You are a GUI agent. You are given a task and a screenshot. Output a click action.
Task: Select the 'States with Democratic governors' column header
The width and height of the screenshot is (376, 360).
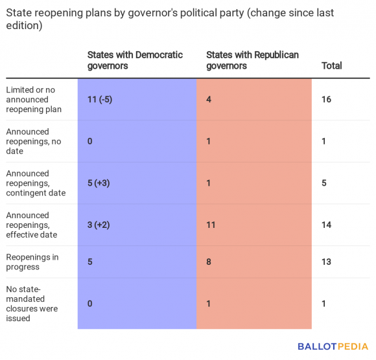[135, 60]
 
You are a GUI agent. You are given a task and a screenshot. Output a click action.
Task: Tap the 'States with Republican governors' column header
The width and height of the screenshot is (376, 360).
[252, 60]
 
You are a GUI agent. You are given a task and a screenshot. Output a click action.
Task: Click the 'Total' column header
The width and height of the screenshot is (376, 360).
[331, 65]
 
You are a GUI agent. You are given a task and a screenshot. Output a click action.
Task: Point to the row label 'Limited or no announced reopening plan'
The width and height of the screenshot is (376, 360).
[34, 99]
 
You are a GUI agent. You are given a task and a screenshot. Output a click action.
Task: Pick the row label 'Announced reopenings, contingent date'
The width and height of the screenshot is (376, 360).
[36, 183]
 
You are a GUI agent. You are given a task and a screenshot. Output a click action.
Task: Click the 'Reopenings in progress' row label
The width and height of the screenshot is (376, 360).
[32, 262]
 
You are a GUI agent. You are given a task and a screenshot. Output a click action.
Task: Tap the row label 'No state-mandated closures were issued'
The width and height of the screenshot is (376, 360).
[32, 304]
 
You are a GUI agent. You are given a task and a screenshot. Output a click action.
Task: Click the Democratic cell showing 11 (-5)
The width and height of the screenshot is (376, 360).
[99, 100]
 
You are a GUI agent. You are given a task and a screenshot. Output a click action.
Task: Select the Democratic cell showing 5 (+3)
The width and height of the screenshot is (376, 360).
[99, 183]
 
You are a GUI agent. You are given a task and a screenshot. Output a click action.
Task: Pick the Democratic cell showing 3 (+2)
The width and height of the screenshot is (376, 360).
[99, 225]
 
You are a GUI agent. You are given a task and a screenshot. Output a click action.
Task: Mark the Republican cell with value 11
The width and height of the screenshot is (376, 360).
[211, 225]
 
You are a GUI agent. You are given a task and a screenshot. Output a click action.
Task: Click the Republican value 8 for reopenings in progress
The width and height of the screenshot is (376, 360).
[209, 262]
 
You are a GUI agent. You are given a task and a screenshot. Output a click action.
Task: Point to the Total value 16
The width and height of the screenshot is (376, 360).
[326, 100]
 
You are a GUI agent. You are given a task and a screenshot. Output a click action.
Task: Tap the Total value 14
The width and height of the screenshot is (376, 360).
[326, 225]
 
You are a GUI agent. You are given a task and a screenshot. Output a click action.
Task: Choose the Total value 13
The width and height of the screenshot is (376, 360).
[326, 262]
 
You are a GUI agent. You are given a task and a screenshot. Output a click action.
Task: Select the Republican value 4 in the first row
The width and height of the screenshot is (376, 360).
[209, 100]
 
